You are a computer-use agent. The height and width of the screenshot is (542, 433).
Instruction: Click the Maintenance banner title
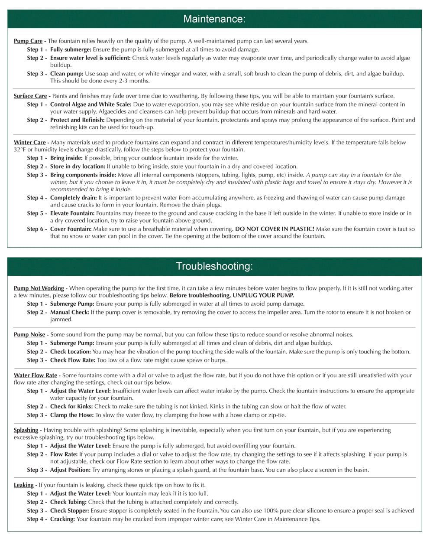[x=214, y=19]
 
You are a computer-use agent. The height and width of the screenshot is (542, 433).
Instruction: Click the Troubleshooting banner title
[x=214, y=266]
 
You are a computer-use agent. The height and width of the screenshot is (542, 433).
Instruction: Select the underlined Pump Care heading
[x=28, y=41]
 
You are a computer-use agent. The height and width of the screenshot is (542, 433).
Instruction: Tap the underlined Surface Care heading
[x=30, y=96]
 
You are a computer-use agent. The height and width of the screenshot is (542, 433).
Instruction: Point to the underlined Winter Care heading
[x=30, y=142]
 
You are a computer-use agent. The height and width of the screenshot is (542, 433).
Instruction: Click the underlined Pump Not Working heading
[x=39, y=288]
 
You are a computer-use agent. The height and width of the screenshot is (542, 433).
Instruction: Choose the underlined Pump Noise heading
[x=29, y=334]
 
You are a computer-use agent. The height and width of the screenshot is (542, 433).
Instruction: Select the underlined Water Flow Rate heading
[x=36, y=375]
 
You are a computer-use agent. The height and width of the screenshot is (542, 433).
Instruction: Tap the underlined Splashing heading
[x=26, y=430]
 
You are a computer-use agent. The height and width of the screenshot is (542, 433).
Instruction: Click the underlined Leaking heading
[x=24, y=485]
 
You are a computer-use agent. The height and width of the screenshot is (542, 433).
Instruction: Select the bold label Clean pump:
[x=67, y=74]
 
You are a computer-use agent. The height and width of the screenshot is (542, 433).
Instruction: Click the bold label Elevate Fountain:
[x=72, y=213]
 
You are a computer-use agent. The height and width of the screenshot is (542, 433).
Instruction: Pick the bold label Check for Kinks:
[x=71, y=406]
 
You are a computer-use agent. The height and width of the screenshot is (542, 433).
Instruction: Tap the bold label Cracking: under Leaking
[x=62, y=519]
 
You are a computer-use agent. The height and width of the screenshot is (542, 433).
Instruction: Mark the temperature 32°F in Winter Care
[x=20, y=150]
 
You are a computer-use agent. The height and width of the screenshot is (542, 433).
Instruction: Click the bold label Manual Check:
[x=69, y=312]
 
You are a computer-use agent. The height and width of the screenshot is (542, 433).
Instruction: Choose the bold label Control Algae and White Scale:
[x=91, y=104]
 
